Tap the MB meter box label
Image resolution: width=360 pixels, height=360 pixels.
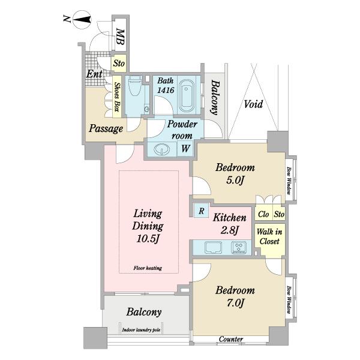pos(120,37)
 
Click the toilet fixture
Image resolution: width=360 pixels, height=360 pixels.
pos(135,86)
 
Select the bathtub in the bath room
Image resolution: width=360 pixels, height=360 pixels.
pos(186,97)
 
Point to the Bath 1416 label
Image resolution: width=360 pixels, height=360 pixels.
pos(166,85)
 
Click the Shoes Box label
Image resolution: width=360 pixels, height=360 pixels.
pos(118,97)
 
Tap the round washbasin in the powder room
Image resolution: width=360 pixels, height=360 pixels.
pos(162,149)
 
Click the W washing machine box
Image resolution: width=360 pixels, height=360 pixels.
pos(185,149)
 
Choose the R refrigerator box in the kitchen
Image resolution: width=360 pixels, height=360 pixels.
pos(202,211)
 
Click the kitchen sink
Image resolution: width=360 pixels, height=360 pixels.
pos(213,247)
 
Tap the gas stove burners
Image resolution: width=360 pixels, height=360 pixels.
pos(239,247)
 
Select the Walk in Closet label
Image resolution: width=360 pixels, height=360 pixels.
pos(269,236)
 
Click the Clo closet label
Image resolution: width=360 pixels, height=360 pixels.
pos(263,214)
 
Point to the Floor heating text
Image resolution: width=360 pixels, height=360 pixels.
pos(148,268)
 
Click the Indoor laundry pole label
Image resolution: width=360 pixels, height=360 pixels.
pos(141,330)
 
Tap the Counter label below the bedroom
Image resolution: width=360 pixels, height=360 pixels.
pos(231,339)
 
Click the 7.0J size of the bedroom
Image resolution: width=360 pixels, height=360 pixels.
pos(235,303)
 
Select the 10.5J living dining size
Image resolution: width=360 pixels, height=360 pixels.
pos(148,239)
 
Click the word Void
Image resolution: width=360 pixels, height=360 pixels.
pos(253,104)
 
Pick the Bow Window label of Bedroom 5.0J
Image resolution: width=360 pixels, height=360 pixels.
pos(289,181)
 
